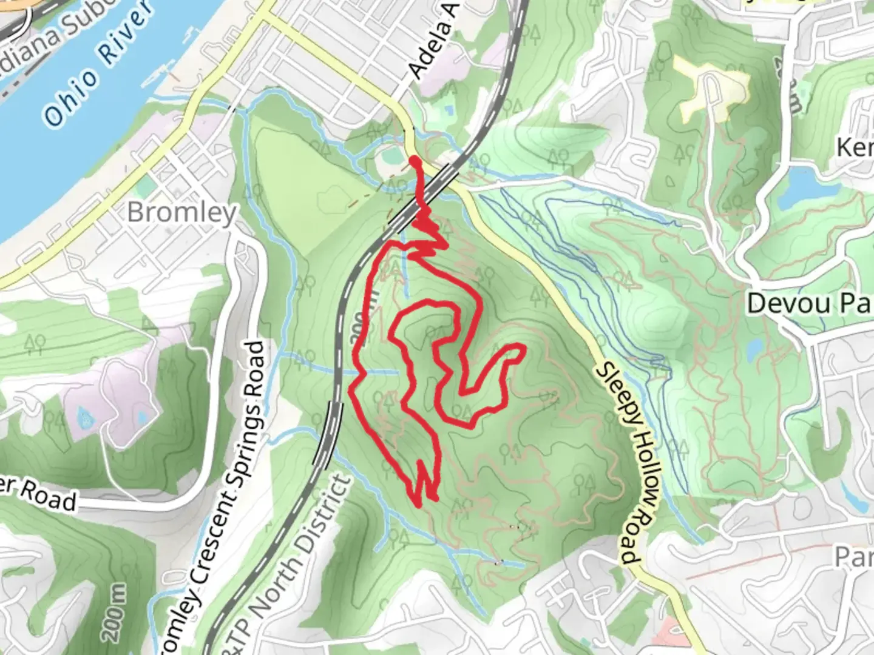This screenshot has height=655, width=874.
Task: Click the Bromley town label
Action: pyautogui.click(x=181, y=213)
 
